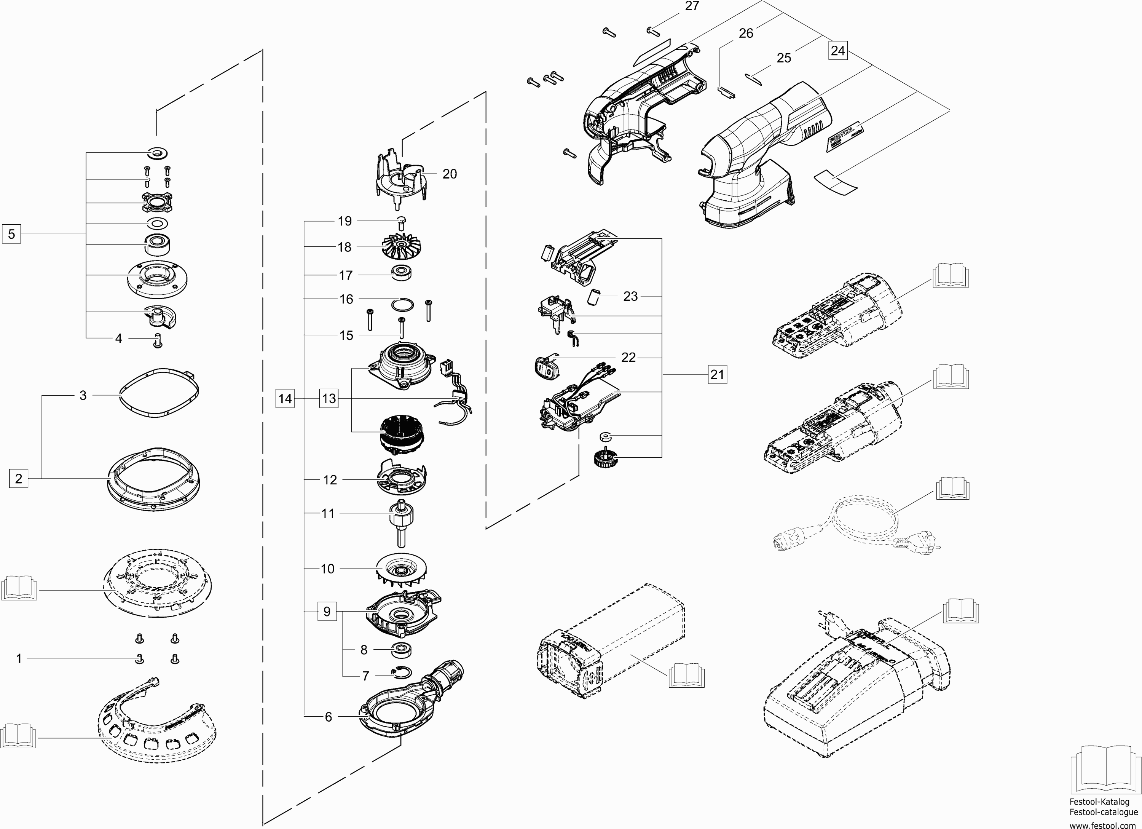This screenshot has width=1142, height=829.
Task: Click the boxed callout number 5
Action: pos(11,234)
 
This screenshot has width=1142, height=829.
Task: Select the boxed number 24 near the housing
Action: pos(837,51)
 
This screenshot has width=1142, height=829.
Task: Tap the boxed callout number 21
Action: pos(717,375)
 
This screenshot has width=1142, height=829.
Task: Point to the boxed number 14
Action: pos(285,399)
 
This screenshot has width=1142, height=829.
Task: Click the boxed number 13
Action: pos(329,399)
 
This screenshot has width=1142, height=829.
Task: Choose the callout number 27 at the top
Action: pos(692,6)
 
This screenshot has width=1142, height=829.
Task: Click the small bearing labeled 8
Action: pos(401,650)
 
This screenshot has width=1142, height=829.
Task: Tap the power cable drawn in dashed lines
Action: pos(856,529)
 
